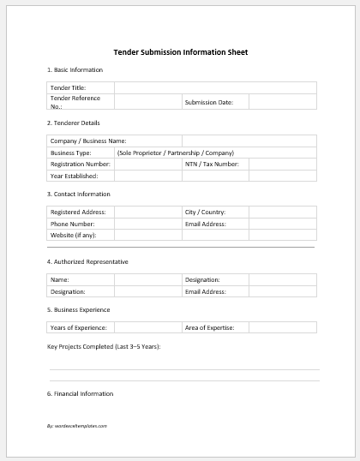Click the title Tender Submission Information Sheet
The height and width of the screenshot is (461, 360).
pyautogui.click(x=181, y=52)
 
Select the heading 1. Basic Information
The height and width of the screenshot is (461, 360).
pyautogui.click(x=75, y=69)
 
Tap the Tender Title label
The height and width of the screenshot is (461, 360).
pyautogui.click(x=68, y=87)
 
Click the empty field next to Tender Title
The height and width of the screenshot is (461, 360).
pyautogui.click(x=215, y=87)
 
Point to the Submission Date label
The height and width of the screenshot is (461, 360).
pyautogui.click(x=208, y=102)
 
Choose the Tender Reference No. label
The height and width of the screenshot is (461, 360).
pyautogui.click(x=75, y=102)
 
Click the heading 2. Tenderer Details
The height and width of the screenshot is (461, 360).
pyautogui.click(x=74, y=123)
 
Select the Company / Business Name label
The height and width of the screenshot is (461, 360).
pyautogui.click(x=88, y=141)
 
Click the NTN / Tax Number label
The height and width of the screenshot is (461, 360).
pyautogui.click(x=212, y=163)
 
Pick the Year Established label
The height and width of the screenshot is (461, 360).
pyautogui.click(x=75, y=175)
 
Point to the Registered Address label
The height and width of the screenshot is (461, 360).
pyautogui.click(x=78, y=211)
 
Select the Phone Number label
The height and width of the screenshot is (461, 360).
pyautogui.click(x=72, y=223)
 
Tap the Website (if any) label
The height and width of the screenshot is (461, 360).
pyautogui.click(x=74, y=234)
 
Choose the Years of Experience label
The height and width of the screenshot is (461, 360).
pyautogui.click(x=79, y=327)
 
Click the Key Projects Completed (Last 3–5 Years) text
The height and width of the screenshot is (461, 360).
pyautogui.click(x=104, y=346)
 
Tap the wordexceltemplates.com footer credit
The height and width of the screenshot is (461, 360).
pyautogui.click(x=77, y=425)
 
